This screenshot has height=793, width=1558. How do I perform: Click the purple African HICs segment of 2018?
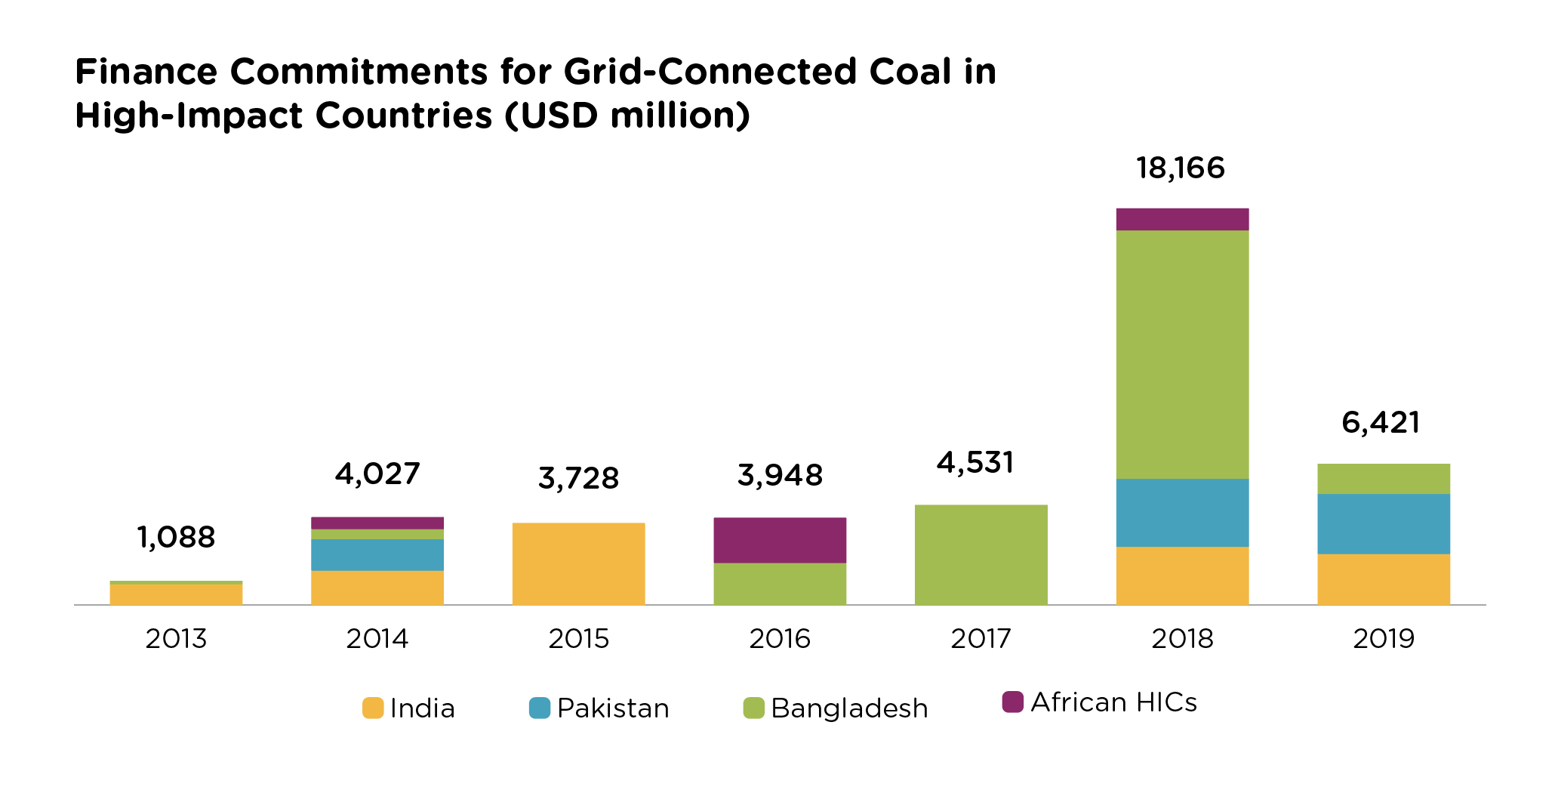pos(1182,219)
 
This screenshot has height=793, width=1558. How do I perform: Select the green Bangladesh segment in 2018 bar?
pos(1182,354)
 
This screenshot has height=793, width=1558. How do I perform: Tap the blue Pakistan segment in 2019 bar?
pos(1383,524)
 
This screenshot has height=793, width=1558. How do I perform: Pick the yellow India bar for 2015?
pos(578,563)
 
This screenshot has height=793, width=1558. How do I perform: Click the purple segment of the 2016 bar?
pos(780,540)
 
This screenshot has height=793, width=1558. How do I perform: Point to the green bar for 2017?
pos(981,554)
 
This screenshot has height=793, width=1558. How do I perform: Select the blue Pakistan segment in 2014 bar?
pos(377,554)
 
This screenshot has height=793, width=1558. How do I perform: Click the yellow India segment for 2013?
pos(176,594)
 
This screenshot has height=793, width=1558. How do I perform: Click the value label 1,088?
pos(176,538)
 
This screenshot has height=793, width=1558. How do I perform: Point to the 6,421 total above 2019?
pos(1381,422)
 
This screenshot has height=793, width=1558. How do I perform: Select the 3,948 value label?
pos(780,476)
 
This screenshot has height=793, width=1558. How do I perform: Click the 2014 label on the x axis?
pos(377,639)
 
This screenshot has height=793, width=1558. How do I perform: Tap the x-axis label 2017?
pos(981,639)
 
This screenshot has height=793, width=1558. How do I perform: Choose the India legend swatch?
pos(373,708)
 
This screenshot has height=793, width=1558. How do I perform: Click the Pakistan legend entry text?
pos(613,708)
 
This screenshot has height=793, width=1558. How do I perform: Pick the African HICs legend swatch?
pos(1012,702)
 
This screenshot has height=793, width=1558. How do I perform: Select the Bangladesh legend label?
pos(849,708)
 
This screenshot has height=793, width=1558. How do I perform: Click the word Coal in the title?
pos(910,72)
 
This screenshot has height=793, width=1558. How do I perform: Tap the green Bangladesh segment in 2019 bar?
pos(1383,479)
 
